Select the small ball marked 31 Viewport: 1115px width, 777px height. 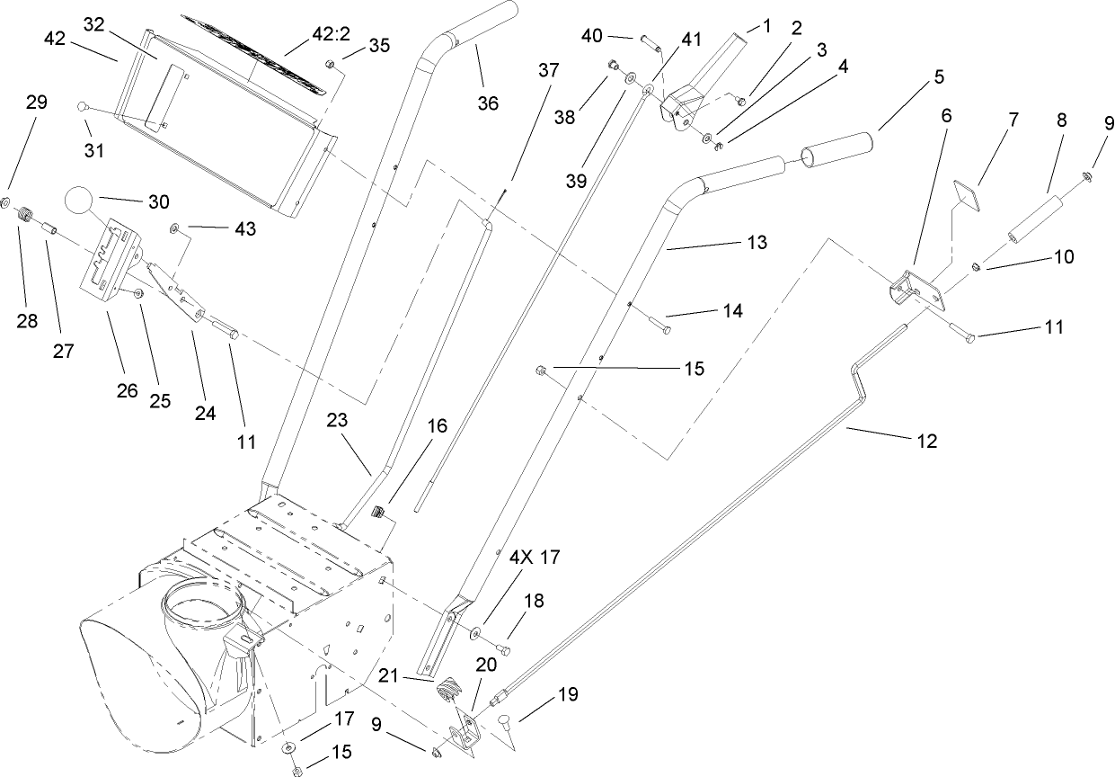click(x=82, y=107)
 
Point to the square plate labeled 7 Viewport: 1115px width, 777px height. click(x=967, y=194)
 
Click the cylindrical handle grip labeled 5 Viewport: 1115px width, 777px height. click(x=838, y=148)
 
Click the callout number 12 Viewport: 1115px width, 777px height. click(x=926, y=442)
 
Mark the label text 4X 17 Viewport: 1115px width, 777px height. click(x=535, y=558)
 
